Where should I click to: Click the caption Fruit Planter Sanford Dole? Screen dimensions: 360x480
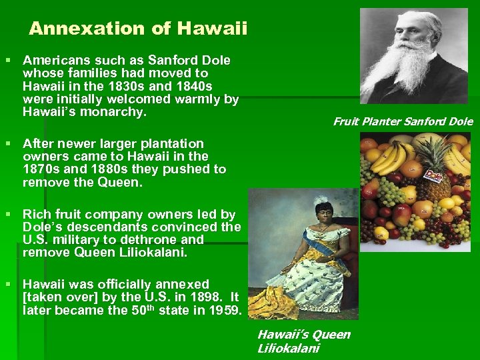coord(403,121)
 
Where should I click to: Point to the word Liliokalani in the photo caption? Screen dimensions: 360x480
coord(288,348)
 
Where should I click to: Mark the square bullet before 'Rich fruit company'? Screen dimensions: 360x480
coord(8,215)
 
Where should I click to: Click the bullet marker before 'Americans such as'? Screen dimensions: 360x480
coord(8,61)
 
